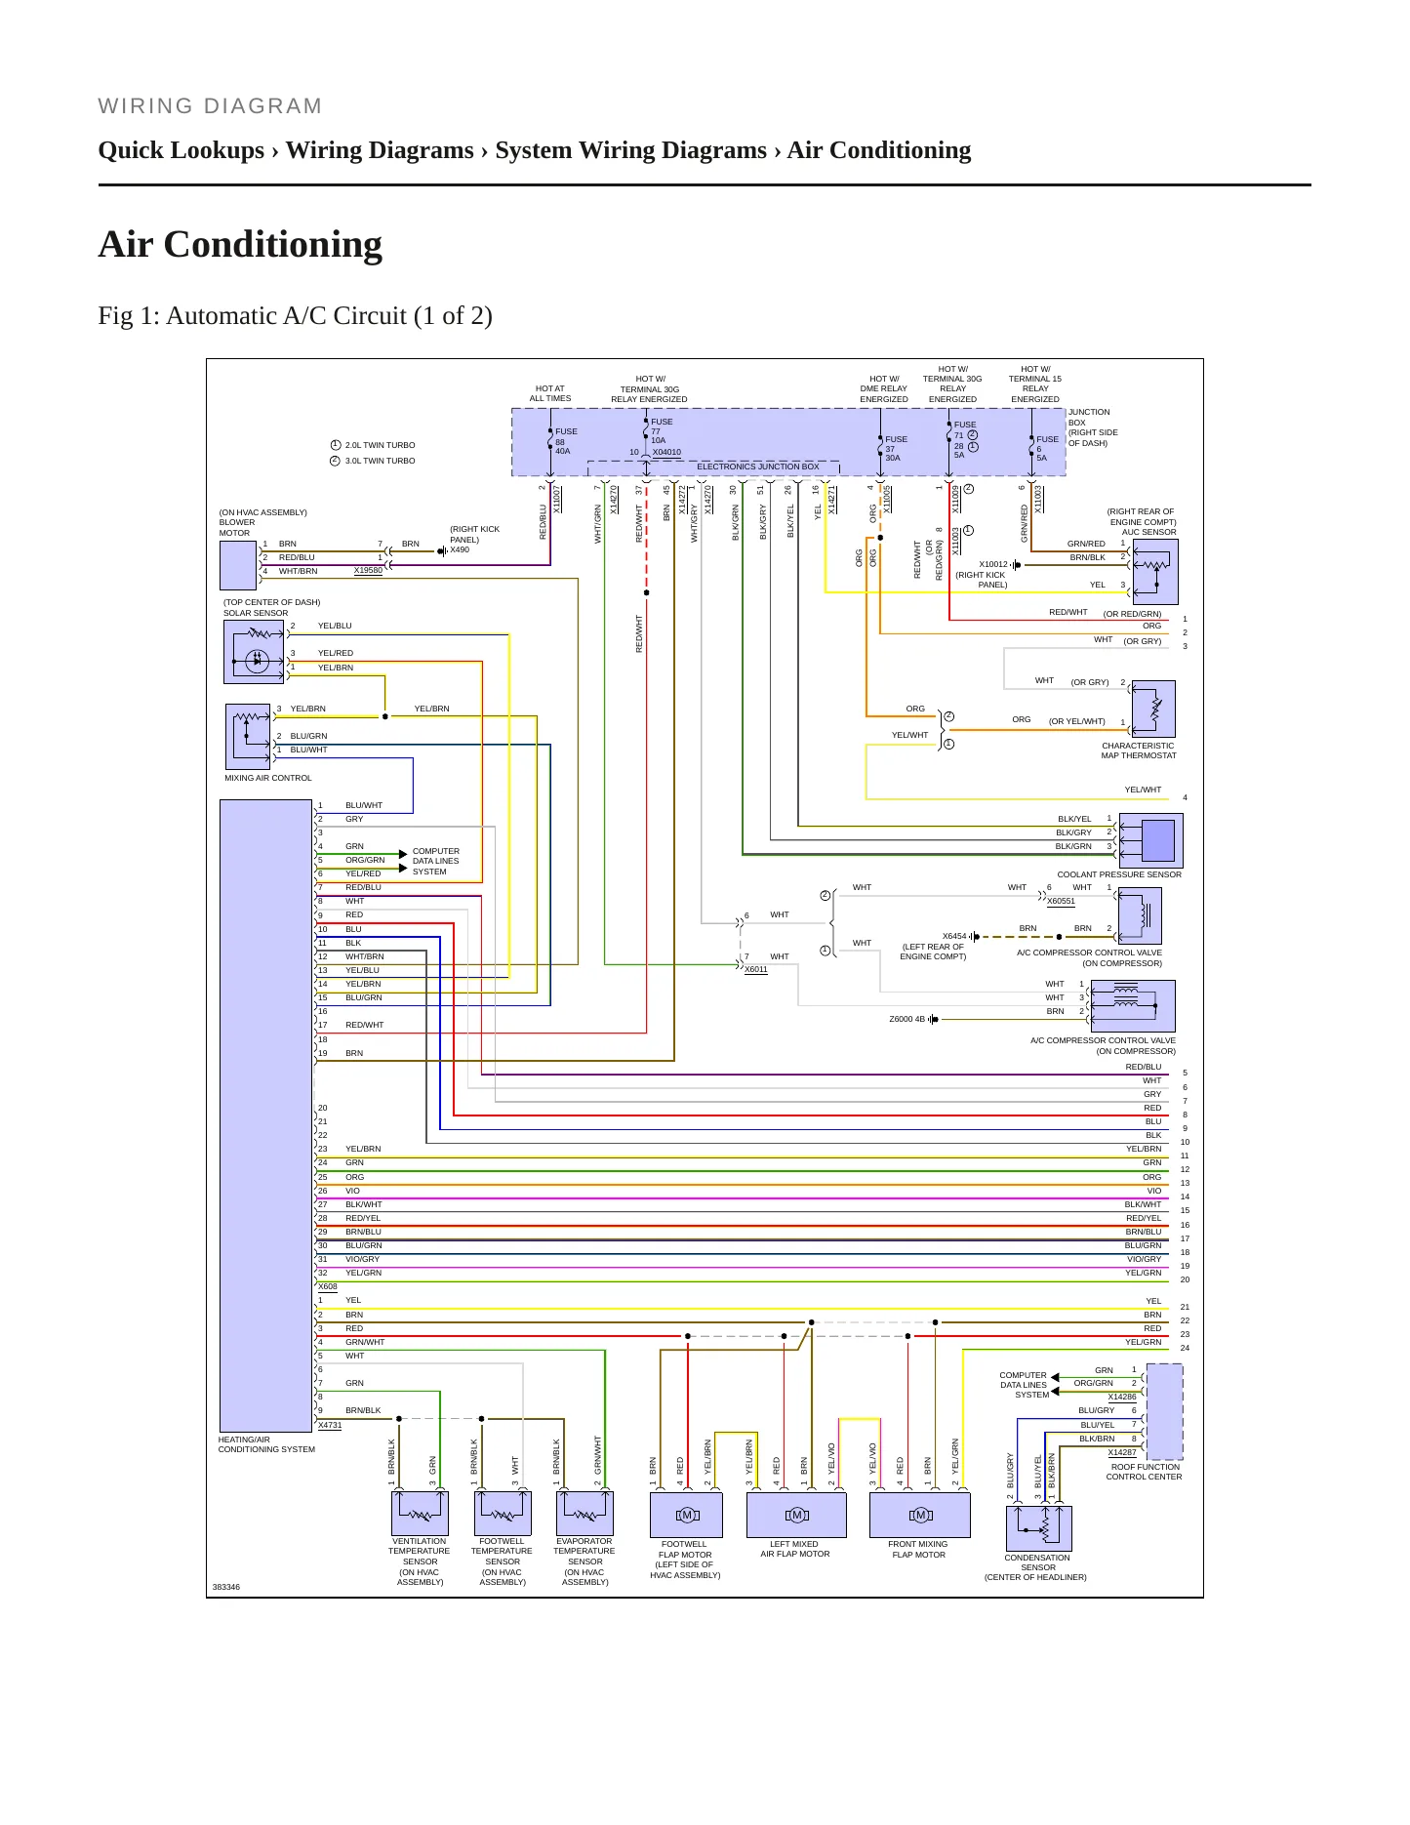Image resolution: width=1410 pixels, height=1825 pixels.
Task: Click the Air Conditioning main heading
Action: [x=240, y=244]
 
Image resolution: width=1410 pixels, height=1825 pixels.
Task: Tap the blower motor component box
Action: [x=238, y=565]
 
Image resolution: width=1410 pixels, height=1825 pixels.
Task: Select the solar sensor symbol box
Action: [x=254, y=652]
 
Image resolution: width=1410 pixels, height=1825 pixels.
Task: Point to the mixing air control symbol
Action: [x=248, y=737]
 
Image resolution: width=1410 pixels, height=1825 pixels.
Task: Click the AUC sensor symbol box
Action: [x=1154, y=572]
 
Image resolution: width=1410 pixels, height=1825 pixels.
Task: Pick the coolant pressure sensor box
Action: [x=1151, y=840]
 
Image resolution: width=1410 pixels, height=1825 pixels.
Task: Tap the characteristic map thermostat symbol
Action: [x=1153, y=709]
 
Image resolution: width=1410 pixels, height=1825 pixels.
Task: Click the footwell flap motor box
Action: [x=687, y=1516]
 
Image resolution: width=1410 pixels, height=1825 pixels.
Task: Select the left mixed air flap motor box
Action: [x=796, y=1516]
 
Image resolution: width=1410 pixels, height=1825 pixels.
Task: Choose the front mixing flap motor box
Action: [x=920, y=1516]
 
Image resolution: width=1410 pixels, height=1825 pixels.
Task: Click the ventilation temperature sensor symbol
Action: [x=420, y=1514]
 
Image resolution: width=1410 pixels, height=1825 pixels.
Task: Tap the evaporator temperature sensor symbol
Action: [x=584, y=1514]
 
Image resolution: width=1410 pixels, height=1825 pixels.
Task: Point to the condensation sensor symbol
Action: [x=1038, y=1528]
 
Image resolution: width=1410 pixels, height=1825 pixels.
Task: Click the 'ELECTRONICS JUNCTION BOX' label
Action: [x=758, y=466]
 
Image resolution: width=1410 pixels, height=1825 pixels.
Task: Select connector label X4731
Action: [x=330, y=1425]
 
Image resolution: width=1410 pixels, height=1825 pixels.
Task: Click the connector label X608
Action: [x=328, y=1286]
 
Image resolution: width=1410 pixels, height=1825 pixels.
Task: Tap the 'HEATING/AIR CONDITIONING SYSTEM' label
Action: [x=266, y=1444]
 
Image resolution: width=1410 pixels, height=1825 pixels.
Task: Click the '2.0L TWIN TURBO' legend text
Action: [x=380, y=445]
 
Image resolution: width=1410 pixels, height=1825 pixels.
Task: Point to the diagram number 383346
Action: [x=226, y=1587]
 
